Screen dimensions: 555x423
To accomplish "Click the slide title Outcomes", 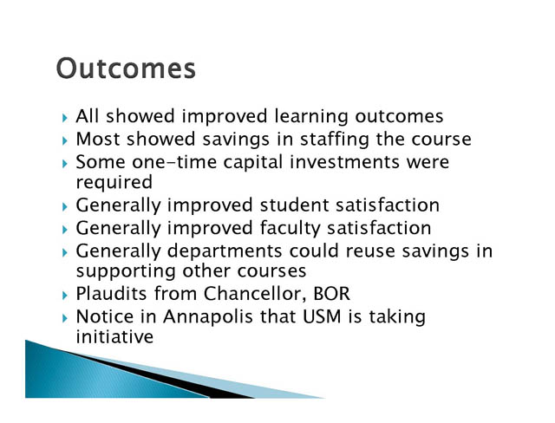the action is (126, 68).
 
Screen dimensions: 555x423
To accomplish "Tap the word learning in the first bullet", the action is (311, 117).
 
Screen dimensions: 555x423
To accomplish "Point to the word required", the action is (114, 183).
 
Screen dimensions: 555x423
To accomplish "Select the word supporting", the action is (126, 272).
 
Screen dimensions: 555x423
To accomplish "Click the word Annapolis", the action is (208, 317).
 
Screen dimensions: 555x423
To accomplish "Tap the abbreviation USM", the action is (322, 316).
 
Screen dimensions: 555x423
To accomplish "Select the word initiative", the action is (114, 336).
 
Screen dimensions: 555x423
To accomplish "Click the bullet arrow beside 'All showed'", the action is (64, 118).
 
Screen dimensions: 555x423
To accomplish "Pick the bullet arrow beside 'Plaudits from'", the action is (64, 296).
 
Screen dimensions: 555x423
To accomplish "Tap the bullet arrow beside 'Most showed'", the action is (64, 140).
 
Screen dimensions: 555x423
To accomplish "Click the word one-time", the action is (174, 162).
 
